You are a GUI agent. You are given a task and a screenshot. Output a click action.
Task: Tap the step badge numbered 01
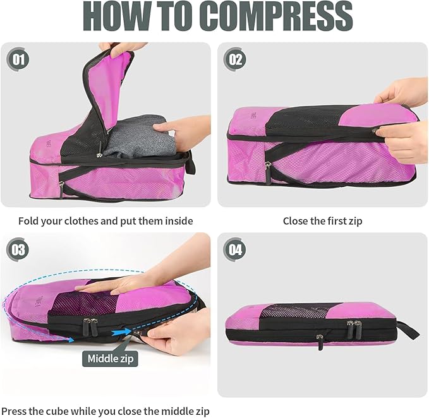point(18,61)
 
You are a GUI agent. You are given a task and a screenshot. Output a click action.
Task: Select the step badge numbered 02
point(236,61)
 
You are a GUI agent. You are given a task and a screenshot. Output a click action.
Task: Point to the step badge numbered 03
point(18,249)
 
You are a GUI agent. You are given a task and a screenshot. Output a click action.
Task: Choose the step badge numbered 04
point(236,249)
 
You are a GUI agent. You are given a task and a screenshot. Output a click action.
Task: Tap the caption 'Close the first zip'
point(322,221)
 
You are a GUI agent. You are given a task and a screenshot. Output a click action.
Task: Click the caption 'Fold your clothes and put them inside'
point(106,221)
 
